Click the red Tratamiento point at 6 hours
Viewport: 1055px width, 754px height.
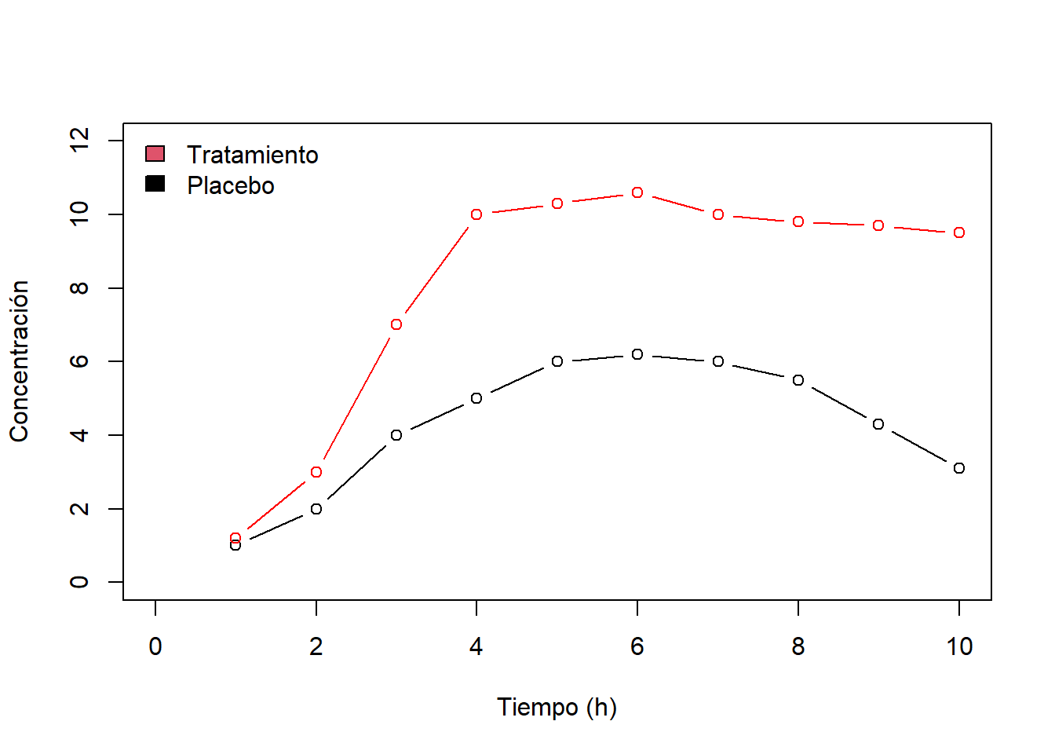click(x=637, y=192)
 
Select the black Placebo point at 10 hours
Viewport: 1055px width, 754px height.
click(x=958, y=468)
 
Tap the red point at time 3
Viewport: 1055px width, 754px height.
click(x=396, y=324)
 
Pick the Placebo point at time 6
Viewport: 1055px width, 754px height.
click(x=637, y=354)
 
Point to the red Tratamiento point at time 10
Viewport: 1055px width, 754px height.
click(x=958, y=232)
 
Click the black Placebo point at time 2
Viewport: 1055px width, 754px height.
click(x=316, y=509)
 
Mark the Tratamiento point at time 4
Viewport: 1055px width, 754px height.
click(x=476, y=214)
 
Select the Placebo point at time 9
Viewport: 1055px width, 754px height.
click(x=878, y=424)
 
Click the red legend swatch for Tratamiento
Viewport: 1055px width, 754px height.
click(x=155, y=153)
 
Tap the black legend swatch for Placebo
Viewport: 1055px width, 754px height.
click(x=155, y=184)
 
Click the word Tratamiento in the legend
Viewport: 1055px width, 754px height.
click(x=252, y=155)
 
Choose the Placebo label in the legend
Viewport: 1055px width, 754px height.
click(x=230, y=185)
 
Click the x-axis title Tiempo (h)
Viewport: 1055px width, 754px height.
click(x=557, y=707)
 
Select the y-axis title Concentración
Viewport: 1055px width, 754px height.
click(x=19, y=361)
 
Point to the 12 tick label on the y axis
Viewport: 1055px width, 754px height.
click(x=79, y=141)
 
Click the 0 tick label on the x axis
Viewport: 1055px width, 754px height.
click(x=155, y=646)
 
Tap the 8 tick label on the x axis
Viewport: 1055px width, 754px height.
click(x=798, y=646)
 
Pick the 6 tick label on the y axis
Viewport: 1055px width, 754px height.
click(x=79, y=361)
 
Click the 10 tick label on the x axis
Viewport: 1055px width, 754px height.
click(x=958, y=646)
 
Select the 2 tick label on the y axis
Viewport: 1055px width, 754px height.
click(x=79, y=509)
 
